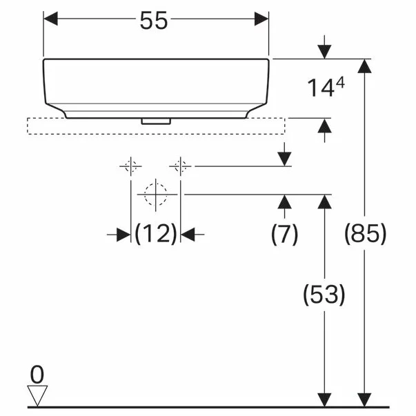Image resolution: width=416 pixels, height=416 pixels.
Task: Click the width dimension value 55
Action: click(154, 21)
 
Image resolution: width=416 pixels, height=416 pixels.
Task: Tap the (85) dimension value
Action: click(365, 235)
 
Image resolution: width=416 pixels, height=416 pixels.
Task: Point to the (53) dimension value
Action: click(324, 295)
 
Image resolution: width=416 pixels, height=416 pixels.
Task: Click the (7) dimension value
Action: click(284, 235)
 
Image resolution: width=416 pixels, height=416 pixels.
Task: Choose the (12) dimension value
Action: click(156, 235)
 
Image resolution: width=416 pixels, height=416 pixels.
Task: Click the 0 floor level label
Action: click(37, 375)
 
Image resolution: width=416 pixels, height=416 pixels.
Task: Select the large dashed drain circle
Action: click(156, 194)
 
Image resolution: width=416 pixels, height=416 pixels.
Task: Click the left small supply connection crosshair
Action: click(130, 166)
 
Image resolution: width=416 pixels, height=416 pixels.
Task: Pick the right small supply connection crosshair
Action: click(181, 166)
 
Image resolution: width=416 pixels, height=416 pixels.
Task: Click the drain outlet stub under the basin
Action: click(156, 121)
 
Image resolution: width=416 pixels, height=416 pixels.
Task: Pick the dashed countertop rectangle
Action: click(156, 126)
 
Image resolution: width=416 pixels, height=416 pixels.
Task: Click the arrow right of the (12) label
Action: click(191, 235)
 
